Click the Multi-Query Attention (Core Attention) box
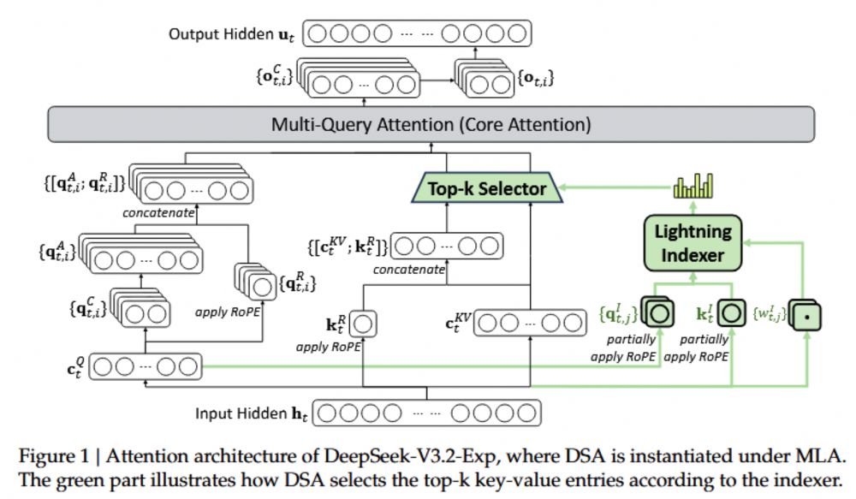[x=428, y=124]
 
